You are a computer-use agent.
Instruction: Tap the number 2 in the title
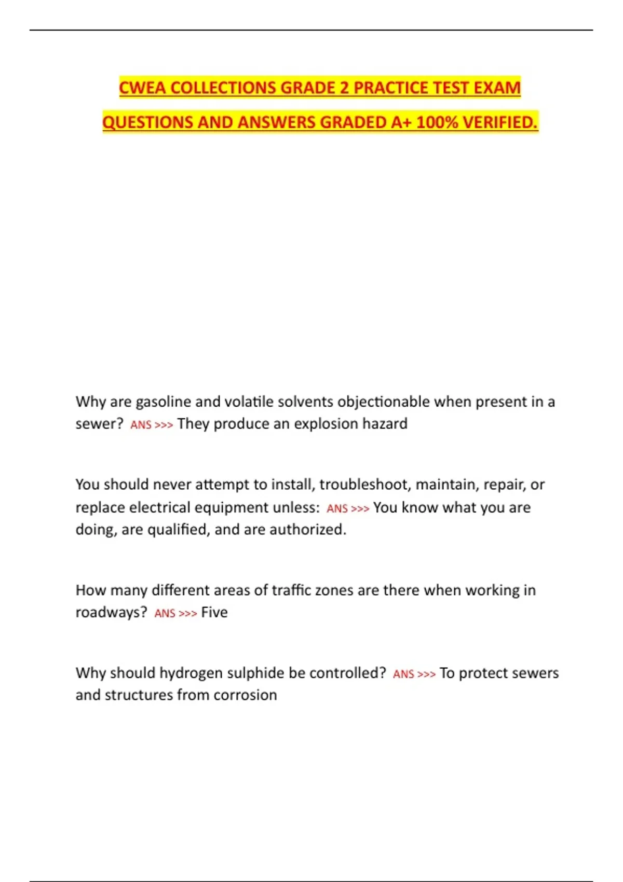click(344, 88)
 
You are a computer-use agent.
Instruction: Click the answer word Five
click(214, 613)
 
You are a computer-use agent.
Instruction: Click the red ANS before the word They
click(140, 425)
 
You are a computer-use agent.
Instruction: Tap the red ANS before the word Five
click(165, 613)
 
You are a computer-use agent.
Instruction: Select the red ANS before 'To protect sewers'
click(403, 674)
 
